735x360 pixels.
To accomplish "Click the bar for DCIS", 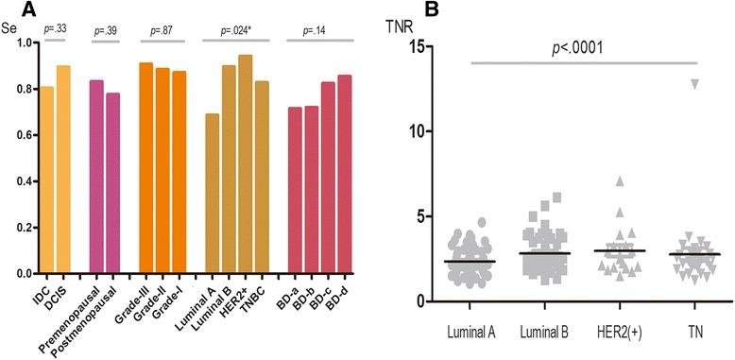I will click(63, 170).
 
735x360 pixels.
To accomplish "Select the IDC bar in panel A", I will click(46, 180).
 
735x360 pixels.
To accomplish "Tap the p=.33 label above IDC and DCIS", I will click(54, 30).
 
